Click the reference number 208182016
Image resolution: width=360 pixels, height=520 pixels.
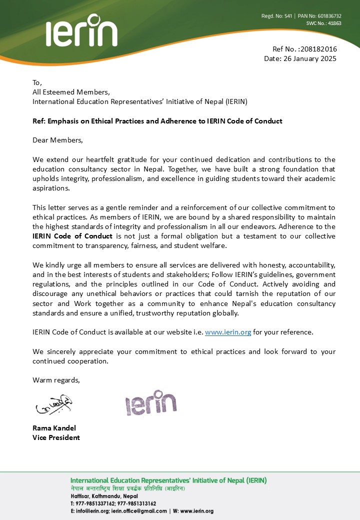coord(319,49)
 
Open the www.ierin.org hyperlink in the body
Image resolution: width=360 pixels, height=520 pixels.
coord(228,331)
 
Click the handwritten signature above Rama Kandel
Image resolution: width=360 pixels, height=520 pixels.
coord(53,405)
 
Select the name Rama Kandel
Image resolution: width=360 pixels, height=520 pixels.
coord(54,428)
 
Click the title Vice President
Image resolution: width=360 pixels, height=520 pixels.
coord(56,437)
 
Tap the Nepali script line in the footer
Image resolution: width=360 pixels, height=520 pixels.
coord(127,488)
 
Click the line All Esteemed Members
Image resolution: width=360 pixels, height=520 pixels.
coord(71,92)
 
